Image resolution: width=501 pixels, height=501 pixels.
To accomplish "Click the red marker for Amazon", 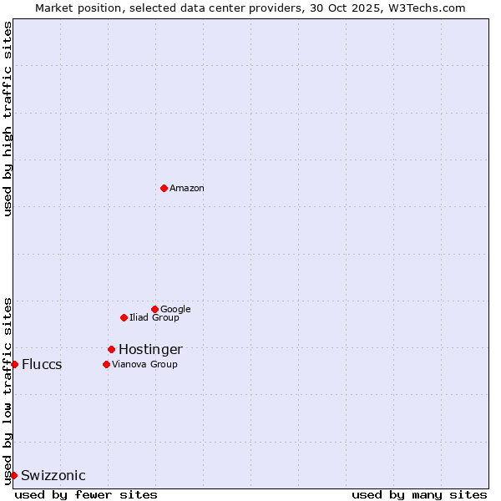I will [164, 188].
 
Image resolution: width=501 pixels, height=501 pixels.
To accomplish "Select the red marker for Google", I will [154, 309].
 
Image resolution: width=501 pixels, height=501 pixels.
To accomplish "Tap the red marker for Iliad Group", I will [124, 317].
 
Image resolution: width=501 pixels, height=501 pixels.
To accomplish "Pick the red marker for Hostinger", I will [111, 349].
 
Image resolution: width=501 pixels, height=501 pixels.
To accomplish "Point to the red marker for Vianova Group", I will [106, 364].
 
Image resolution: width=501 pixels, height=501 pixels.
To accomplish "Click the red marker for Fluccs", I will [14, 364].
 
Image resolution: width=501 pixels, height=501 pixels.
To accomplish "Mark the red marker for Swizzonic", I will [13, 475].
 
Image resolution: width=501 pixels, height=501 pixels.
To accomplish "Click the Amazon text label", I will [187, 188].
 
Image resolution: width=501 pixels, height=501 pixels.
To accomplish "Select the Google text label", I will [175, 309].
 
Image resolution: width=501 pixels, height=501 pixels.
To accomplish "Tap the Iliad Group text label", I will [154, 317].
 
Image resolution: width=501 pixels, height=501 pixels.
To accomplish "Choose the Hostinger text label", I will [150, 349].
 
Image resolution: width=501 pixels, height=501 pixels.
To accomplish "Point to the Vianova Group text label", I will [144, 364].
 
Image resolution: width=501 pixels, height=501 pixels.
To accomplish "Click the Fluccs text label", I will [42, 364].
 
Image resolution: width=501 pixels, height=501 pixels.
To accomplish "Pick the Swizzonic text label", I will [53, 475].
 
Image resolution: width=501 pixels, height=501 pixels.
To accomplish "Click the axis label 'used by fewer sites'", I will [86, 494].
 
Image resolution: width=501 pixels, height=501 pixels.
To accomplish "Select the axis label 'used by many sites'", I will [419, 494].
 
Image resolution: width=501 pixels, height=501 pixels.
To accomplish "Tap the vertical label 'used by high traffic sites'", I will [8, 119].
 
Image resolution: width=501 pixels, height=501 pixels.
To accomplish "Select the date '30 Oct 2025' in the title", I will [334, 8].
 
